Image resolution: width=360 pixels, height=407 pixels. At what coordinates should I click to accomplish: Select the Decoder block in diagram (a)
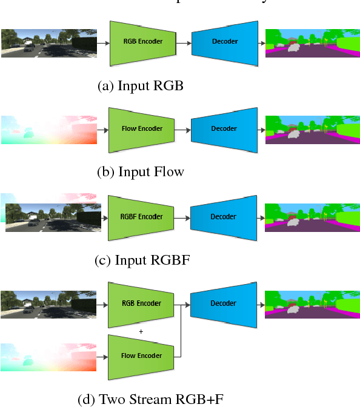coord(224,42)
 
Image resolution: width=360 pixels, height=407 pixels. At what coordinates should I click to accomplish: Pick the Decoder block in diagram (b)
coord(224,129)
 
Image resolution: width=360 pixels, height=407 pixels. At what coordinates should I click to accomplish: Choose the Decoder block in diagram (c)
coord(224,217)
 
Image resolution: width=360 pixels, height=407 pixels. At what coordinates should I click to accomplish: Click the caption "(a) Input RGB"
coord(140,86)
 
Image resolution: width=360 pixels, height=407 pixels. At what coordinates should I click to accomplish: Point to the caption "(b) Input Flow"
coord(140,172)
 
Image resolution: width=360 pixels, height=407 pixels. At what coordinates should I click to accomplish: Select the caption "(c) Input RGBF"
coord(140,260)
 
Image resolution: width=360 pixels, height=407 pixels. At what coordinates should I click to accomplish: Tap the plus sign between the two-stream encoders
coord(141,331)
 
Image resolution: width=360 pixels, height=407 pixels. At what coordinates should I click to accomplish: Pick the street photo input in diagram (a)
coord(48,42)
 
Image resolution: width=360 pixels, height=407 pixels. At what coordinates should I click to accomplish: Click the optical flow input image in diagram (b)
coord(48,130)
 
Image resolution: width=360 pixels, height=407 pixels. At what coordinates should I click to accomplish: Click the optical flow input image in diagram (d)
coord(48,356)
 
